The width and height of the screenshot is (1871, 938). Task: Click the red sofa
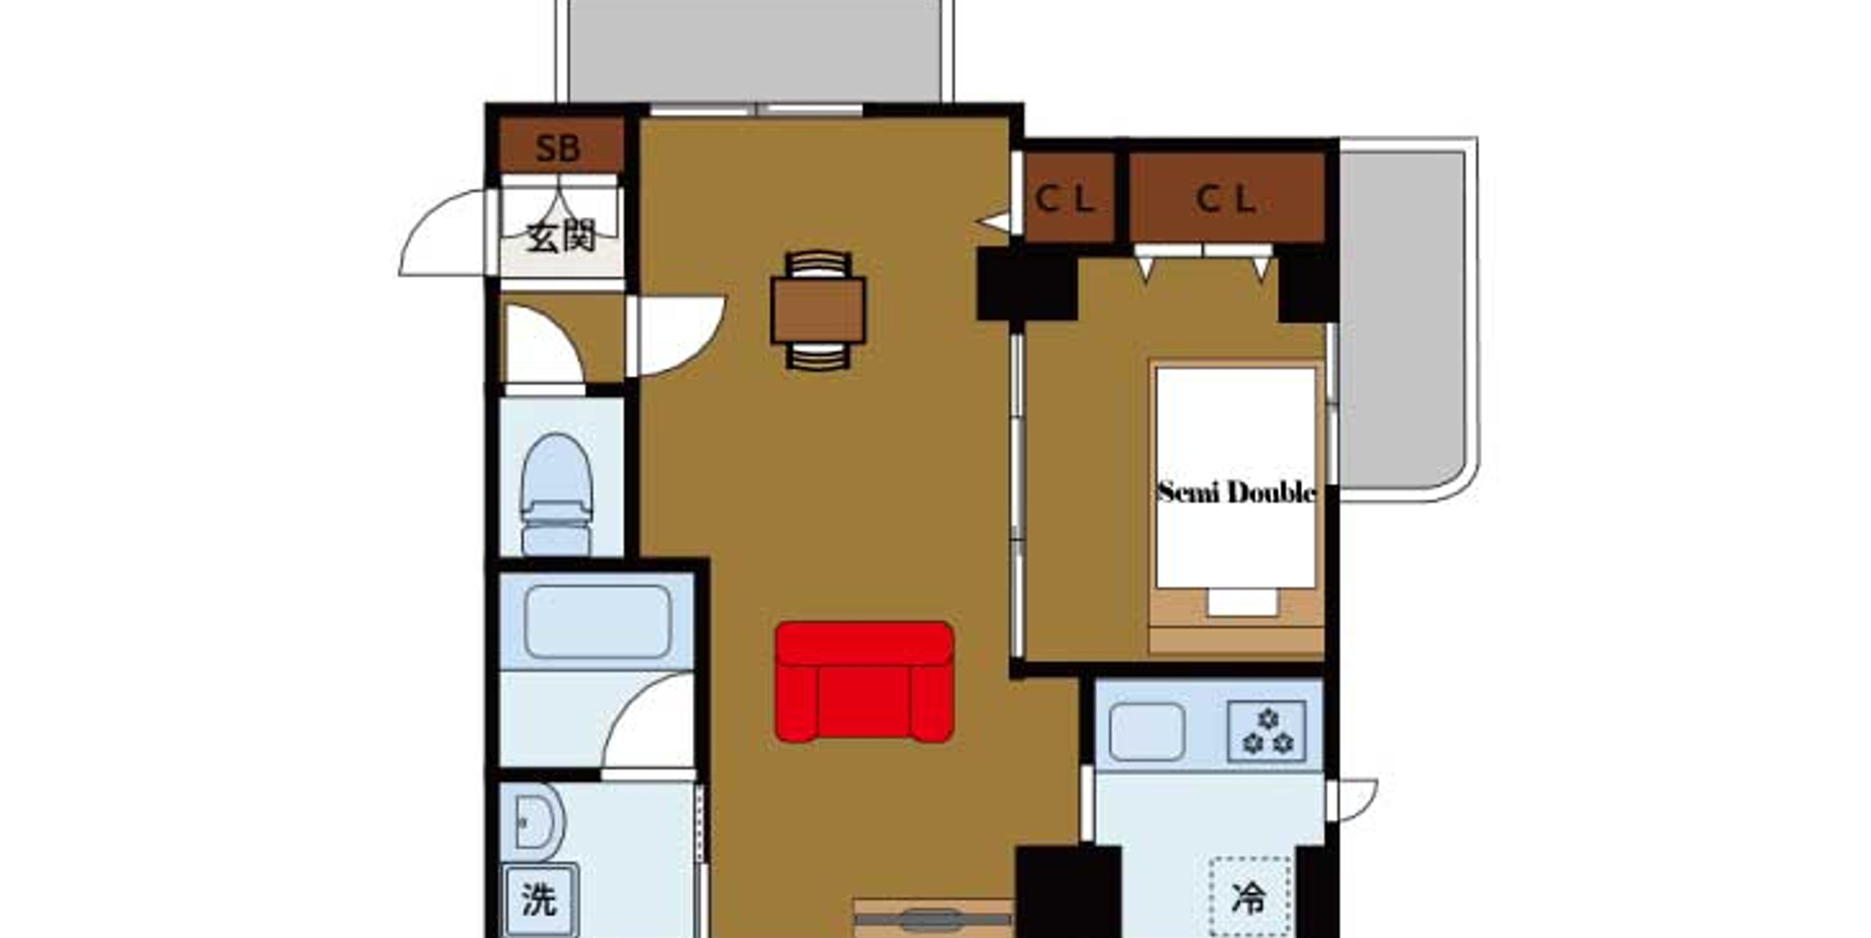864,682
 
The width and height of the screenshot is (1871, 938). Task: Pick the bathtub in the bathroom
597,621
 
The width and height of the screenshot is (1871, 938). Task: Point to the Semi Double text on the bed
1236,492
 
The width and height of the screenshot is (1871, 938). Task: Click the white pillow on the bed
1242,602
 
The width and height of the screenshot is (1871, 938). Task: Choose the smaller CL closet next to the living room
1069,197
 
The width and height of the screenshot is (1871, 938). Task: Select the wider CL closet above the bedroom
1227,197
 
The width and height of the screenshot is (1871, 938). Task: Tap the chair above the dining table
819,264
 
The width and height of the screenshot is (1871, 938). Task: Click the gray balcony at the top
755,51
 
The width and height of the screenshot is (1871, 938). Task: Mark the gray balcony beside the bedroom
1403,319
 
